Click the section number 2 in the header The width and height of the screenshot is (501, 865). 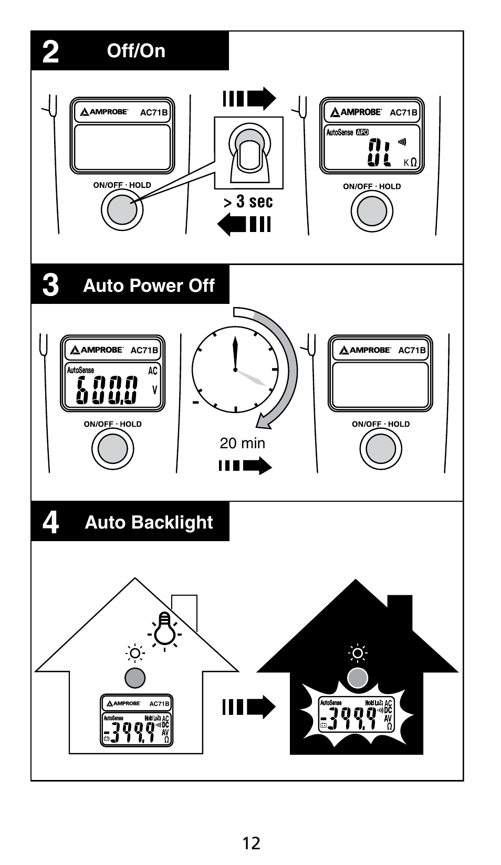coord(50,51)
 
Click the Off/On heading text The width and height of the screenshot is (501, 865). coord(136,51)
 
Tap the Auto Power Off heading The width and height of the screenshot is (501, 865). coord(149,286)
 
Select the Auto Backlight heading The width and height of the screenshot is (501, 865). coord(149,522)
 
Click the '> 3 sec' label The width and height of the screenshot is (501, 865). coord(249,202)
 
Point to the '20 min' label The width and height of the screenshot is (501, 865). coord(242,444)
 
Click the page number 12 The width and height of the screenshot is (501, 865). coord(252,843)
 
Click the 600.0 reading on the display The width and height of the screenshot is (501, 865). coord(107,391)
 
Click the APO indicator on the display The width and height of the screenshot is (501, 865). coord(362,132)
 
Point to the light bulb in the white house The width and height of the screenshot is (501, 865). coord(164,628)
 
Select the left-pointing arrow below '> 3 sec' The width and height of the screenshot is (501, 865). coord(244,225)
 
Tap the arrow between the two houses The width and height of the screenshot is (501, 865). coord(248,707)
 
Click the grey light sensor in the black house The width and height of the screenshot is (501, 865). coord(358,678)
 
